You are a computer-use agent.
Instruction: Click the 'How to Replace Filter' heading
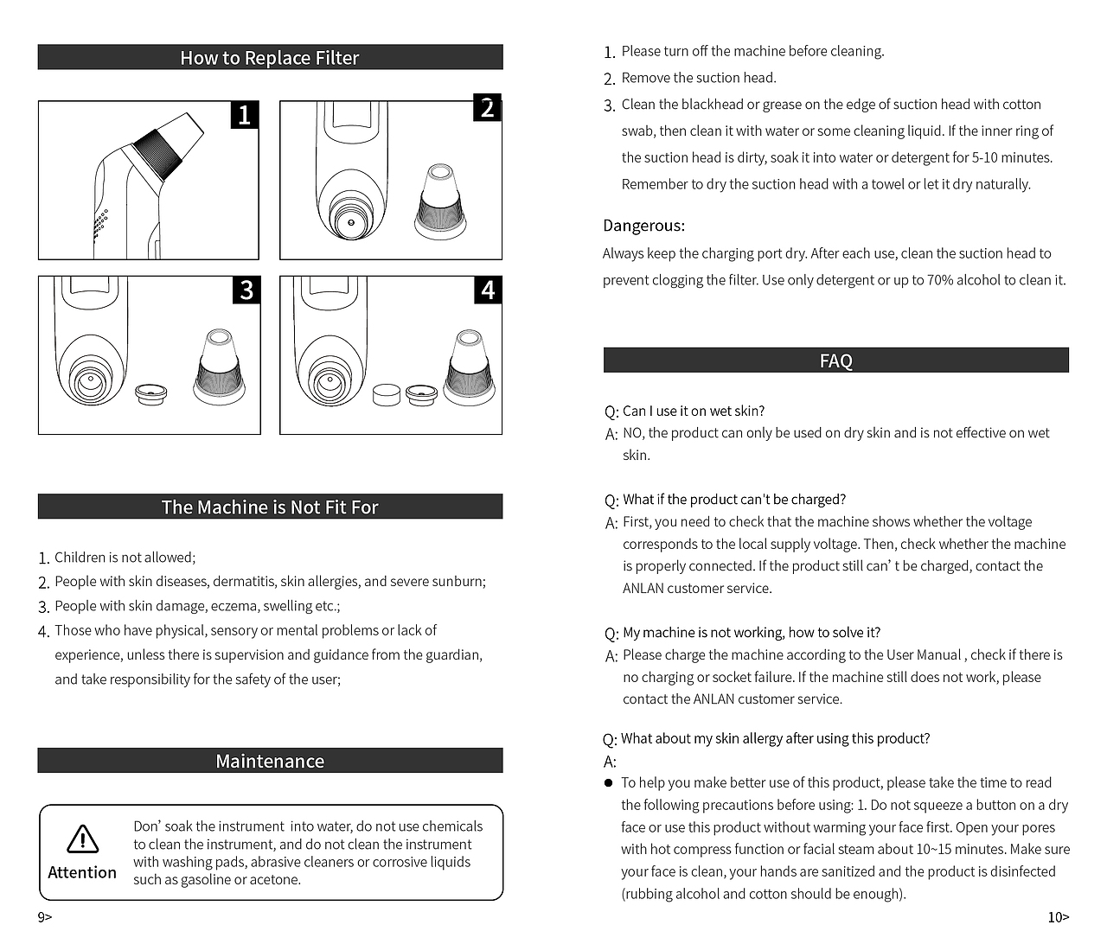click(270, 58)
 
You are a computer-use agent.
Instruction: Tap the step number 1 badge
click(244, 114)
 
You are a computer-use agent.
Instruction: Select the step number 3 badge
click(246, 290)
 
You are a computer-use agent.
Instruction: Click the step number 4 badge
click(488, 290)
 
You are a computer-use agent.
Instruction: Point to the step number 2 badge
click(488, 109)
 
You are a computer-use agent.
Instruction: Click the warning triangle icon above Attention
click(82, 839)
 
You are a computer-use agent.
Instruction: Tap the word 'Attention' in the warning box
click(82, 872)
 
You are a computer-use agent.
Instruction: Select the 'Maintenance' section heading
click(270, 761)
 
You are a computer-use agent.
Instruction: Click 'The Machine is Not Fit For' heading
click(270, 507)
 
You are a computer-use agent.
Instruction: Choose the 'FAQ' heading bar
click(835, 360)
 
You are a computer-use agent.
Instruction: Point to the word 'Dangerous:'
click(643, 226)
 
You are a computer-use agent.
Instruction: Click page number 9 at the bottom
click(44, 917)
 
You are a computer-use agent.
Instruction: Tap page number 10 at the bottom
click(1058, 917)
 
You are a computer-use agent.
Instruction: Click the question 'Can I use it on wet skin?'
click(694, 411)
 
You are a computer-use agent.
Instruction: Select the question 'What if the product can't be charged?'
click(734, 500)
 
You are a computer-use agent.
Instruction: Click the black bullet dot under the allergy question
click(608, 782)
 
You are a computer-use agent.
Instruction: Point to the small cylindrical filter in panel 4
click(386, 395)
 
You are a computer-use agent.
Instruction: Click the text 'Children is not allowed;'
click(125, 558)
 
